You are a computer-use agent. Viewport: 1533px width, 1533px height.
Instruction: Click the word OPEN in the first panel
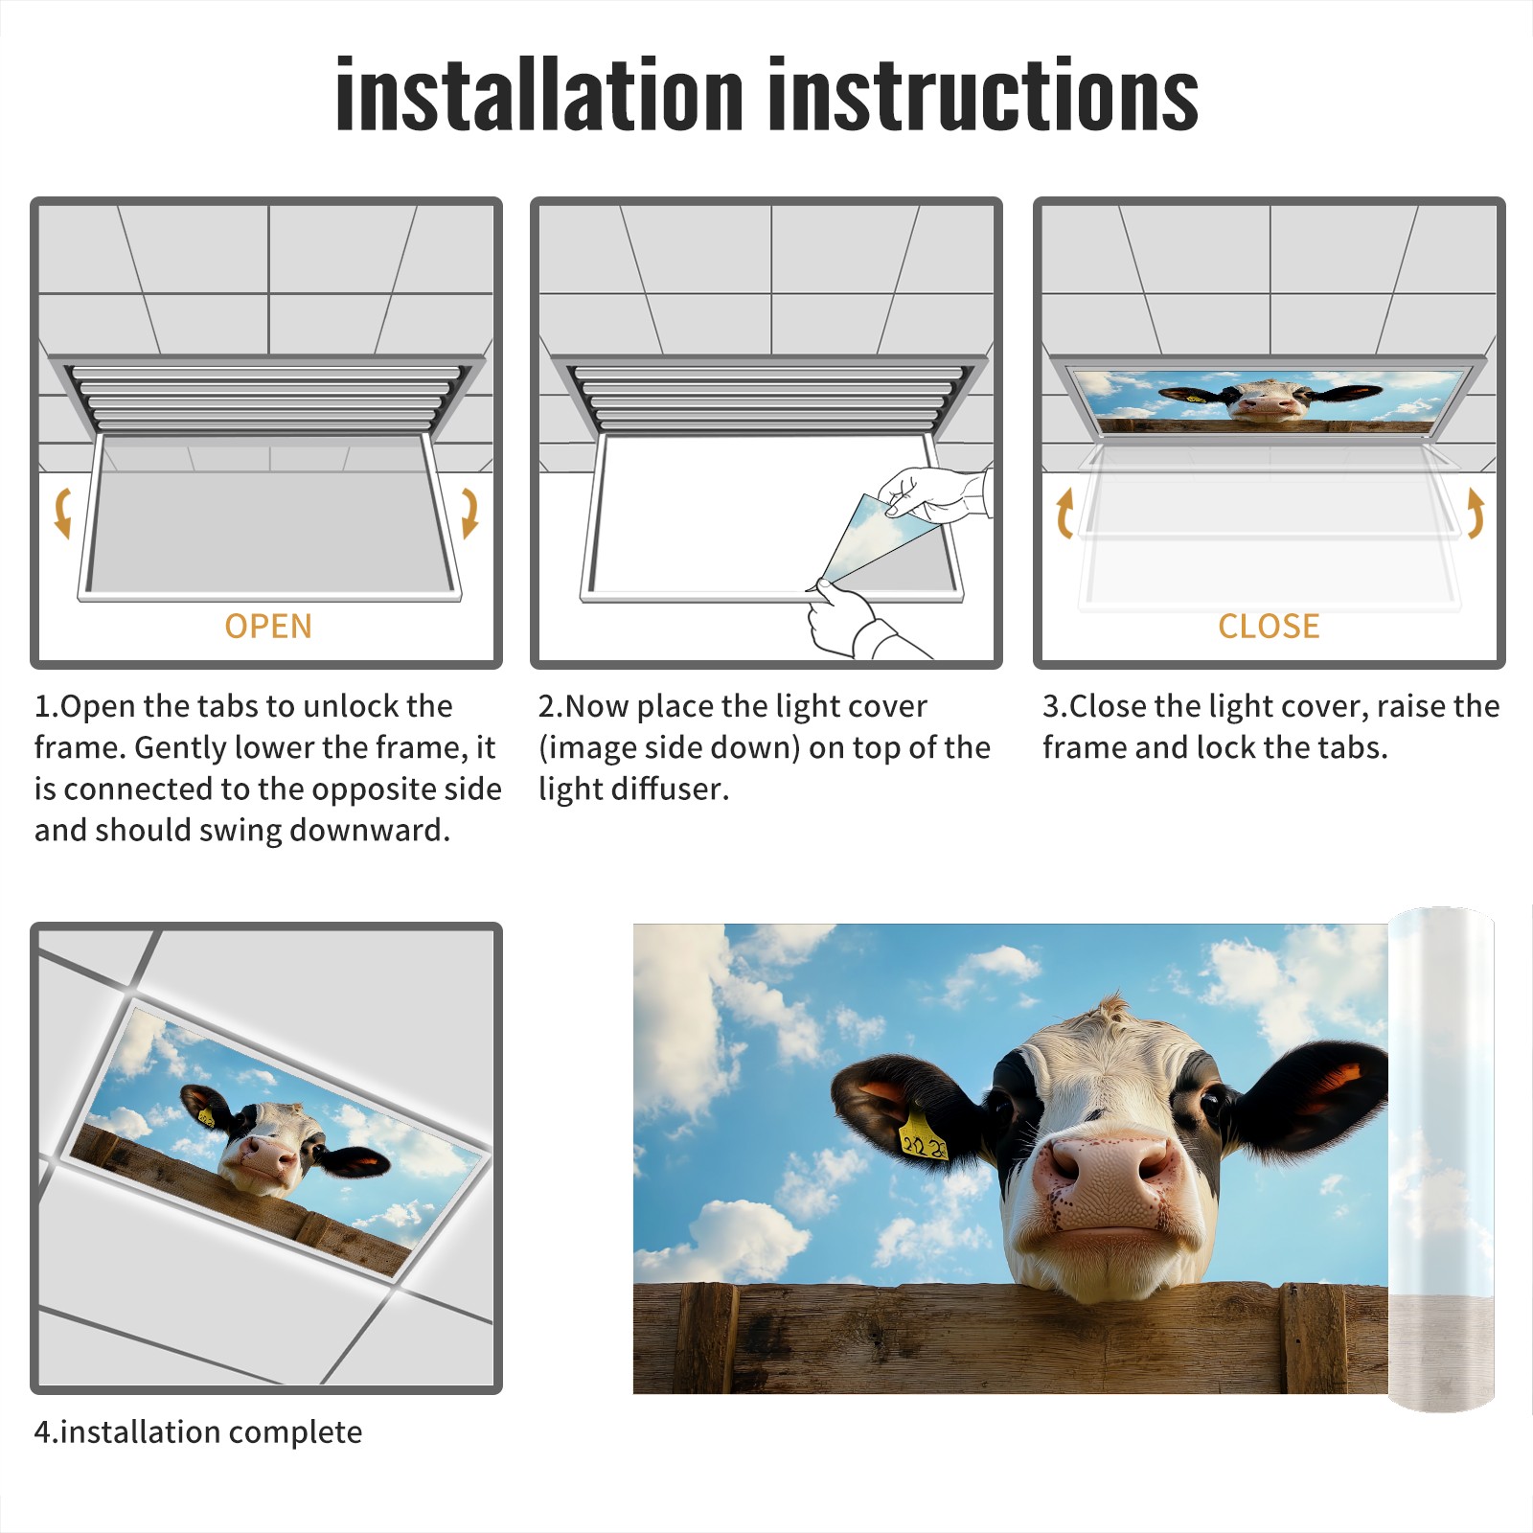click(x=268, y=627)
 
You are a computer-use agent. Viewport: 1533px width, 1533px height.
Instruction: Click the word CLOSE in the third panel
click(x=1269, y=627)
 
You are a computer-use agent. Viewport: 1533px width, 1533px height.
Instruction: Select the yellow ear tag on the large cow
click(x=922, y=1136)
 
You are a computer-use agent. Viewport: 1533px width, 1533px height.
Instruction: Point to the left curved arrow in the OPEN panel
click(x=62, y=513)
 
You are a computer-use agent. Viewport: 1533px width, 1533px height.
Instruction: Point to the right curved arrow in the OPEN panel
click(x=469, y=513)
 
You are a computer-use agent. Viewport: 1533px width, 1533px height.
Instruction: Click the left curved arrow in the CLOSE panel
click(x=1064, y=513)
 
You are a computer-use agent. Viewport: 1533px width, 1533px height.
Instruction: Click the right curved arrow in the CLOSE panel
click(x=1476, y=513)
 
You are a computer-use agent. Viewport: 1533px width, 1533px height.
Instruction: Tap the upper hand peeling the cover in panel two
click(x=934, y=493)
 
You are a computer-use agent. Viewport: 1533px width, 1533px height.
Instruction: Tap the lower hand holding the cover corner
click(x=853, y=623)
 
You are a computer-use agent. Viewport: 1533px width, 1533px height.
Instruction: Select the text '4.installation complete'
click(x=198, y=1432)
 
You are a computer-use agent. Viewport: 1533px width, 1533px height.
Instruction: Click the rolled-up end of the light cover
click(x=1441, y=1159)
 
